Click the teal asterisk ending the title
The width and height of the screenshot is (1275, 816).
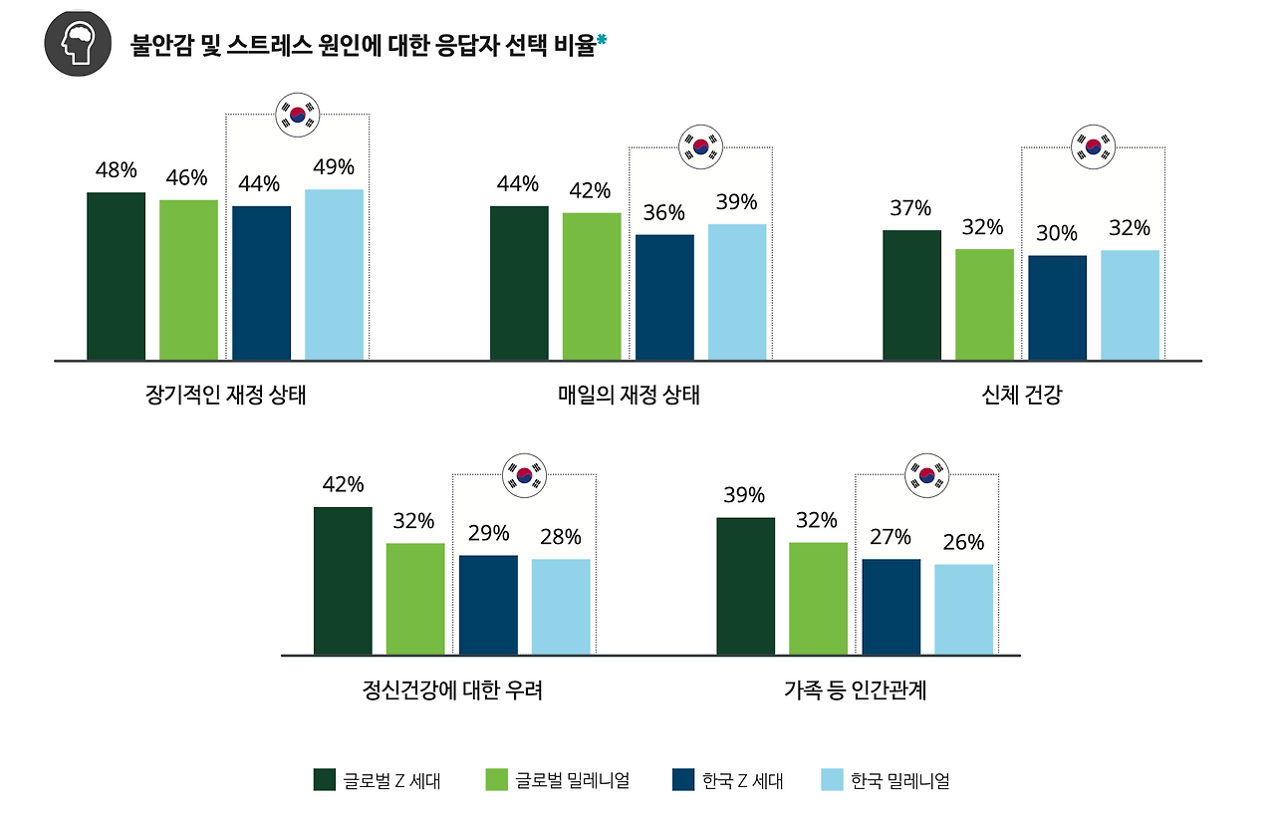[x=602, y=42]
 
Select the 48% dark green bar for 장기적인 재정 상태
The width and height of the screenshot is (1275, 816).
[x=116, y=276]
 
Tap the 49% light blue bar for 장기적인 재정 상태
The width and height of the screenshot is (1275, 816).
[x=334, y=274]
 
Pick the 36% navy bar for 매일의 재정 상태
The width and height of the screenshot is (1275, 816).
[x=664, y=297]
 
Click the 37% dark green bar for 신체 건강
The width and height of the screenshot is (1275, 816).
[x=911, y=295]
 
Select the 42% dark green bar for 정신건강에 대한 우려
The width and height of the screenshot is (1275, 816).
[x=343, y=581]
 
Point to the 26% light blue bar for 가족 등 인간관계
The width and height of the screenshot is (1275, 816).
[x=963, y=610]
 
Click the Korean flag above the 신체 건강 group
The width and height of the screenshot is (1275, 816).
[x=1093, y=147]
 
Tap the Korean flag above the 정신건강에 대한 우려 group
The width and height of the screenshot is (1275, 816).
[x=524, y=474]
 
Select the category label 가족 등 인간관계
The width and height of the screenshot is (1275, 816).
[x=856, y=689]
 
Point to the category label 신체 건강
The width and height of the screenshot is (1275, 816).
[x=1021, y=395]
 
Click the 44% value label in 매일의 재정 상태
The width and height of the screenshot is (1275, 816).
[x=518, y=184]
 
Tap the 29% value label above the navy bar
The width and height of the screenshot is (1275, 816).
[x=488, y=533]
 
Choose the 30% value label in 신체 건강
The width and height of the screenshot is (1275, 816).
[x=1057, y=234]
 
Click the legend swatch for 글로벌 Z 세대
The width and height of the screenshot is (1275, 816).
[x=324, y=780]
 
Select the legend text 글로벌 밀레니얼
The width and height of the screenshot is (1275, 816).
[x=572, y=780]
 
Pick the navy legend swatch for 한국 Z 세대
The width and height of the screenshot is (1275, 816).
[x=683, y=780]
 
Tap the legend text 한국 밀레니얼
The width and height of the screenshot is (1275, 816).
[x=899, y=780]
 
